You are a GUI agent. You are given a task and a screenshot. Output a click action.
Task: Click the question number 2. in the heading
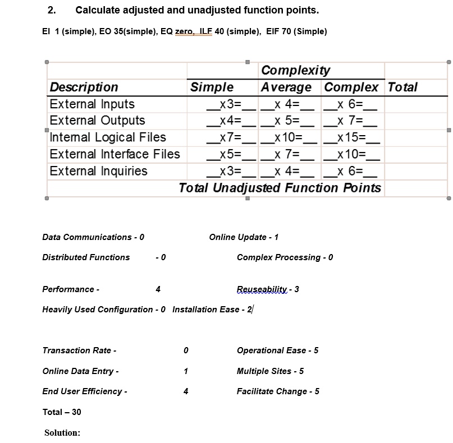(52, 10)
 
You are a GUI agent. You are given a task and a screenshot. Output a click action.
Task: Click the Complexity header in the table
(296, 70)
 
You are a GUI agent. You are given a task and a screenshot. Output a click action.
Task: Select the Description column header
(84, 87)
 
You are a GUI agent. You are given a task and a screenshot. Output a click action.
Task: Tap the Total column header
(402, 87)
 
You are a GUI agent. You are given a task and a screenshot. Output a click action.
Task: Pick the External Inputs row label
(92, 104)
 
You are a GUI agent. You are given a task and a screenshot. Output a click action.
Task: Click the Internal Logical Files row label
(108, 137)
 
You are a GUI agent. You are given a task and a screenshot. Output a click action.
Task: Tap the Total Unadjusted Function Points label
(280, 188)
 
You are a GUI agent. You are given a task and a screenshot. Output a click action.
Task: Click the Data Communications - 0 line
(93, 237)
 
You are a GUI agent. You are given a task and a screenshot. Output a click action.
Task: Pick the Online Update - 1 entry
(244, 237)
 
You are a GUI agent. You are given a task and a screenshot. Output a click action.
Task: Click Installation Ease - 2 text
(212, 310)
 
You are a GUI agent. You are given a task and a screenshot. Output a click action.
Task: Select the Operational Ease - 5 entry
(277, 350)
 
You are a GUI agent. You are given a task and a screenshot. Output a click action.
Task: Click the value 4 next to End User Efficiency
(186, 391)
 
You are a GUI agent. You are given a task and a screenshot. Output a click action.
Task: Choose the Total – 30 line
(62, 412)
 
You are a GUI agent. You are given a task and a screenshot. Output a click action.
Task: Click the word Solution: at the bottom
(62, 433)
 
